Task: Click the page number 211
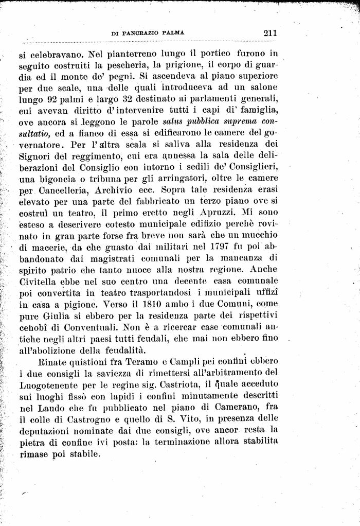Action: (x=269, y=33)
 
